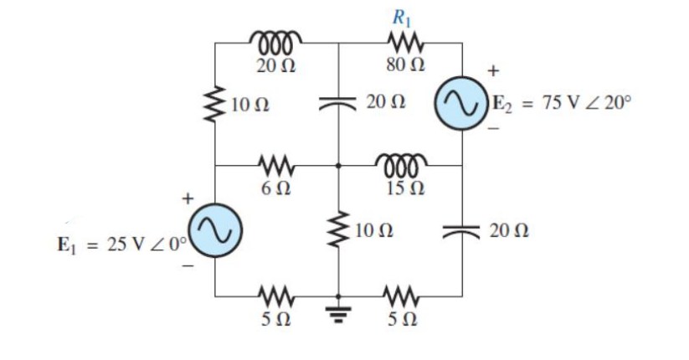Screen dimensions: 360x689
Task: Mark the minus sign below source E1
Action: point(189,266)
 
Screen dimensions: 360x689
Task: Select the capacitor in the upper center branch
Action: point(339,103)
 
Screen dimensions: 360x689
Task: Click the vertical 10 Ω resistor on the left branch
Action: point(216,105)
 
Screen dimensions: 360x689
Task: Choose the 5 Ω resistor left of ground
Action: point(275,294)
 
